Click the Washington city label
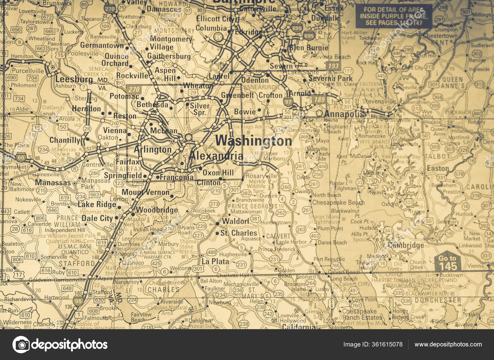click(x=253, y=141)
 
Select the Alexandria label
click(x=216, y=156)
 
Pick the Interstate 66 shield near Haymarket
click(x=21, y=157)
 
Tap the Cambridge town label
click(x=406, y=245)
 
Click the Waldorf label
click(x=235, y=221)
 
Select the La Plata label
click(x=215, y=261)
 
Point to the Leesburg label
click(x=74, y=79)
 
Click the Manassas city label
click(x=53, y=183)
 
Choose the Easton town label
click(x=437, y=168)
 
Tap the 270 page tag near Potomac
click(x=134, y=89)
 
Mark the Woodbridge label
click(x=157, y=210)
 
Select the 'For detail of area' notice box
click(x=393, y=16)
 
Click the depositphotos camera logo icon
click(x=21, y=344)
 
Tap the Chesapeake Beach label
click(x=338, y=202)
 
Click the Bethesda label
click(x=152, y=104)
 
